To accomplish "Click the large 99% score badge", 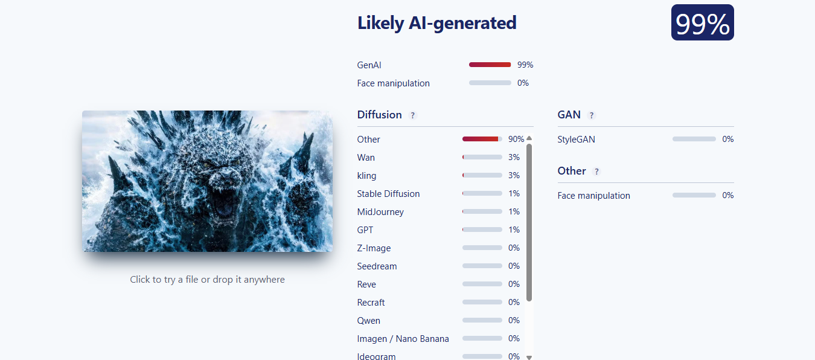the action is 702,22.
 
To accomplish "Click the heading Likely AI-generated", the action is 436,23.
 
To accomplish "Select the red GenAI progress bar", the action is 490,65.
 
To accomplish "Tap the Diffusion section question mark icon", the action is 412,115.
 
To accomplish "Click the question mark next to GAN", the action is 592,115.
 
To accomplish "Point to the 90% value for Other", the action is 516,139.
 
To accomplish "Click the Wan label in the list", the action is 366,157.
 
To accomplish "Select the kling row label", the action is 366,175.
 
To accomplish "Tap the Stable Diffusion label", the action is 388,194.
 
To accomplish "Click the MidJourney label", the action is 380,212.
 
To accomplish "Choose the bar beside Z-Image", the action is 482,248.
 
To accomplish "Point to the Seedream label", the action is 377,266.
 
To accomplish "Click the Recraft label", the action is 371,303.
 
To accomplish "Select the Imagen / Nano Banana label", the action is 403,338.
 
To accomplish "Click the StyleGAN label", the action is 577,139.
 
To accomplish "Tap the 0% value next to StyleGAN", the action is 727,139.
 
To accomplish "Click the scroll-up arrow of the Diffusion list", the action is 529,138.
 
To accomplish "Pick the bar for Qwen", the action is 482,320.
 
